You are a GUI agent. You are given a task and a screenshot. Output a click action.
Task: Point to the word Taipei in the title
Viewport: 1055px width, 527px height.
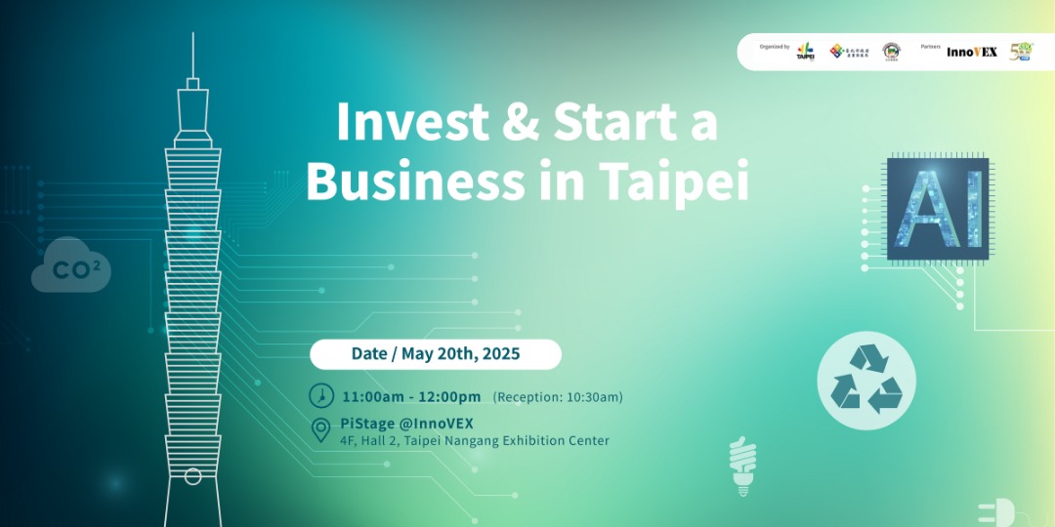(x=674, y=182)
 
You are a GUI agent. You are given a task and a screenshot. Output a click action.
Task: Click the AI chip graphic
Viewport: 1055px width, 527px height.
(x=938, y=209)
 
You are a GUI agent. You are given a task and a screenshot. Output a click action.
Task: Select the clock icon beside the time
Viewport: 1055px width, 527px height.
(x=320, y=396)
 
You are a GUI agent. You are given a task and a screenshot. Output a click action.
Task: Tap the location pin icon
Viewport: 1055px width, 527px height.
(x=320, y=430)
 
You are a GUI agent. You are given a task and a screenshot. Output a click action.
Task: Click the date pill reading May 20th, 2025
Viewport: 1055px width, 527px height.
(x=436, y=354)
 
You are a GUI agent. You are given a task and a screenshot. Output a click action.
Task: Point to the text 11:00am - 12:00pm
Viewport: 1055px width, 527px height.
(x=411, y=397)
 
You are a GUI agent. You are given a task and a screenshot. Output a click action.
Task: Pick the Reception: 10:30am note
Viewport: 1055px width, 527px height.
(x=558, y=397)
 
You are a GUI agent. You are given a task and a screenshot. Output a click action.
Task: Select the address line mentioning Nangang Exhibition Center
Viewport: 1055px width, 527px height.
(x=475, y=441)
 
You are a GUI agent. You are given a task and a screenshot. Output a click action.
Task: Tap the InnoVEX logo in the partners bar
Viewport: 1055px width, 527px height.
(x=971, y=52)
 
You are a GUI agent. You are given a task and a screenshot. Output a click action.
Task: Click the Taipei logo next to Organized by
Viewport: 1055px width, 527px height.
(x=805, y=51)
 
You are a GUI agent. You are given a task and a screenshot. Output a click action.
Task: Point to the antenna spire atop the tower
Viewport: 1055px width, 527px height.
(x=192, y=59)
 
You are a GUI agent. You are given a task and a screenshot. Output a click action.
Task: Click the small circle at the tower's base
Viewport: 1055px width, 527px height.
(x=192, y=476)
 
